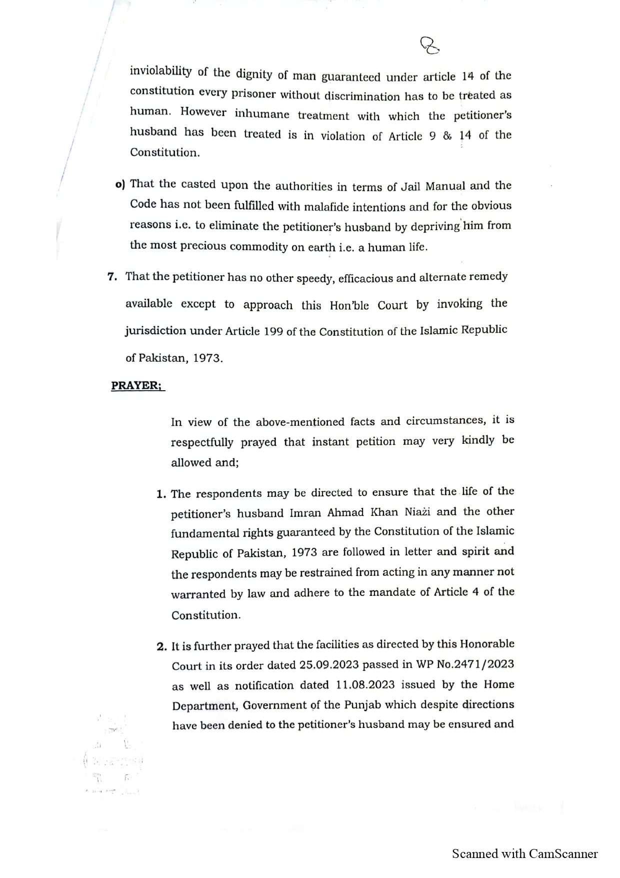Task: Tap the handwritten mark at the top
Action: [x=430, y=46]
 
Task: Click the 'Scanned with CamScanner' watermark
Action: [x=524, y=853]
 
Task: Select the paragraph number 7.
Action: [x=112, y=277]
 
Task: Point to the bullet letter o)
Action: [x=119, y=184]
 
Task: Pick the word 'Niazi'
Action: [x=415, y=512]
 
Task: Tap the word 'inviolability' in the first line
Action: [x=160, y=71]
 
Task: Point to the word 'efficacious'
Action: [x=365, y=278]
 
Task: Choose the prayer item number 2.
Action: [x=161, y=646]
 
